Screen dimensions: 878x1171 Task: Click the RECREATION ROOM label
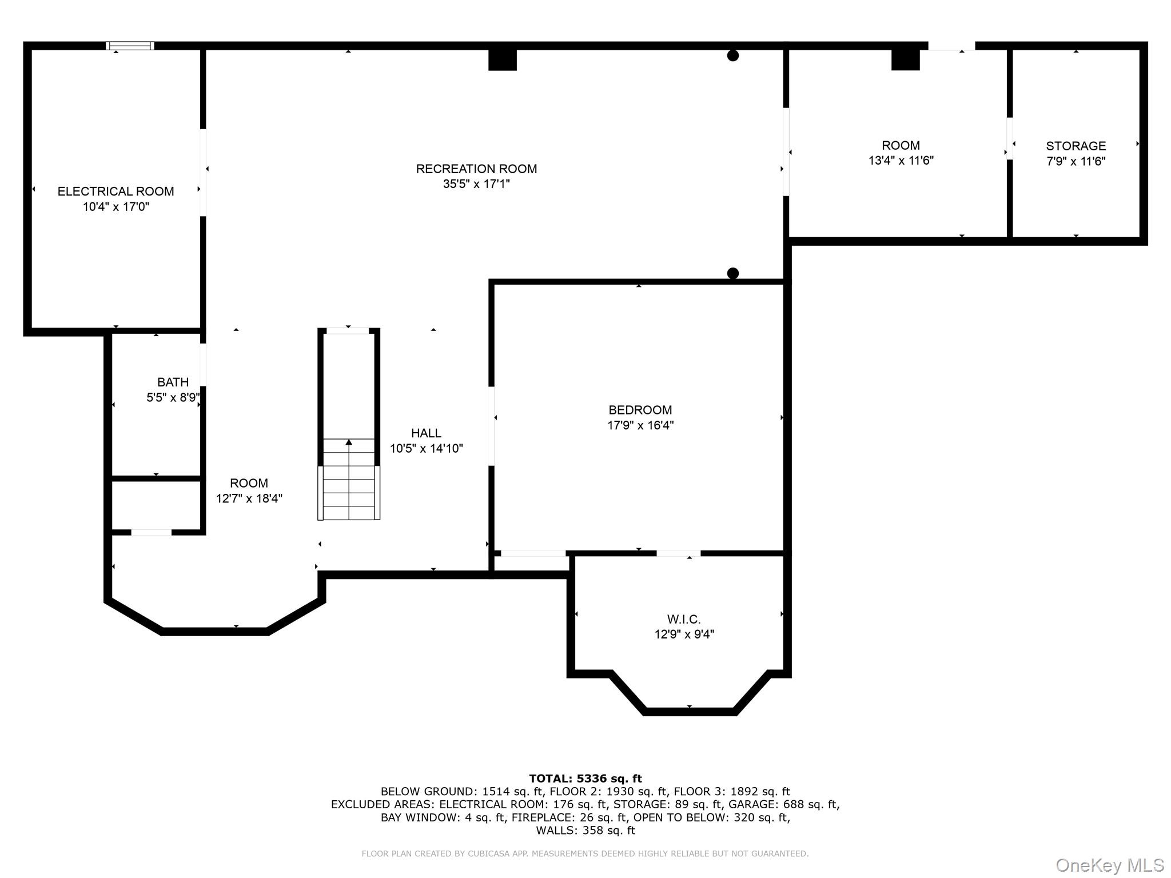pyautogui.click(x=476, y=169)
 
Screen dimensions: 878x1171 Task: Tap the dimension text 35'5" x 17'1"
pyautogui.click(x=476, y=184)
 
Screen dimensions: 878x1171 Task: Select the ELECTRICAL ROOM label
pyautogui.click(x=115, y=191)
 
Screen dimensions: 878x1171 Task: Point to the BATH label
pyautogui.click(x=173, y=382)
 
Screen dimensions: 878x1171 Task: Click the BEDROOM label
pyautogui.click(x=640, y=410)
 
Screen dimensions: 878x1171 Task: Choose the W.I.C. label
pyautogui.click(x=683, y=619)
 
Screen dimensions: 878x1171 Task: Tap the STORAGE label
pyautogui.click(x=1076, y=146)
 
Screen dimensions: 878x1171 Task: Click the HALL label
pyautogui.click(x=426, y=433)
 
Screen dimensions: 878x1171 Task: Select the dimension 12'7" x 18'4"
pyautogui.click(x=249, y=498)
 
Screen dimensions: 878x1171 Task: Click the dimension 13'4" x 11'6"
pyautogui.click(x=901, y=161)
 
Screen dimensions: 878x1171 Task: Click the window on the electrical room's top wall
pyautogui.click(x=130, y=46)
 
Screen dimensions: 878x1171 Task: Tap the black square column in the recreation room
pyautogui.click(x=502, y=60)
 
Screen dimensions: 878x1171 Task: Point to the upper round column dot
pyautogui.click(x=732, y=55)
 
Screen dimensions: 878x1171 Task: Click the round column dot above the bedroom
pyautogui.click(x=732, y=273)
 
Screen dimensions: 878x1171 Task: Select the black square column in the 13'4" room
pyautogui.click(x=905, y=60)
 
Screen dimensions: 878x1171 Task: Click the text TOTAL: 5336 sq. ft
pyautogui.click(x=585, y=779)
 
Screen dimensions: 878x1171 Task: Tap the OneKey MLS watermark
pyautogui.click(x=1109, y=865)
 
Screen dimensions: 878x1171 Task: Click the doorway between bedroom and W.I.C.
pyautogui.click(x=678, y=553)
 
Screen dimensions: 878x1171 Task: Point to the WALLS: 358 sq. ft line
pyautogui.click(x=585, y=831)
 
